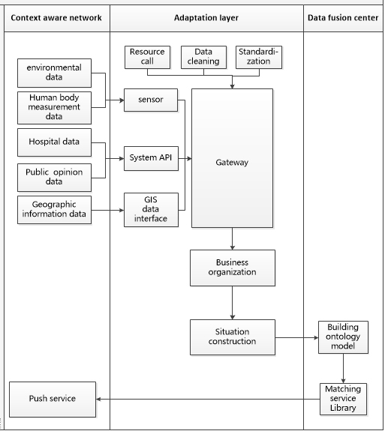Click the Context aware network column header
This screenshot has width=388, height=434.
click(56, 18)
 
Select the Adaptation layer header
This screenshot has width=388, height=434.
click(206, 18)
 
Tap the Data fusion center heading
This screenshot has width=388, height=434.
click(343, 18)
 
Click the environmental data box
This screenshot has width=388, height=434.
click(54, 73)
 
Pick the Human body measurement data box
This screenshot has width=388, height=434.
click(54, 108)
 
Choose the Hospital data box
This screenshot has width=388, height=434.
click(54, 142)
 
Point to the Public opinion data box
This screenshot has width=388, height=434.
click(54, 178)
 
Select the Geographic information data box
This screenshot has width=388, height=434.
click(54, 210)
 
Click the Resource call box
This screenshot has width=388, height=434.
click(147, 57)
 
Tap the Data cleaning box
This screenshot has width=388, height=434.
click(203, 57)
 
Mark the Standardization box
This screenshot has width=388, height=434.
click(259, 57)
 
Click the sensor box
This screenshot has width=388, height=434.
click(151, 100)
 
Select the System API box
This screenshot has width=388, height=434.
click(151, 159)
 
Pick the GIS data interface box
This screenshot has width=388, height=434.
click(151, 210)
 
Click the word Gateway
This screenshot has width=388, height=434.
click(232, 163)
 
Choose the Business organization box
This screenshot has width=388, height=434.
click(233, 268)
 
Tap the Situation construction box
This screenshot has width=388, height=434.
click(233, 337)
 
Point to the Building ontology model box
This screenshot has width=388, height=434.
click(343, 337)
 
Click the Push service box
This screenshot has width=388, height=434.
click(53, 400)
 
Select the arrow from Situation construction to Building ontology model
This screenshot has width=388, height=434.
click(297, 337)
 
